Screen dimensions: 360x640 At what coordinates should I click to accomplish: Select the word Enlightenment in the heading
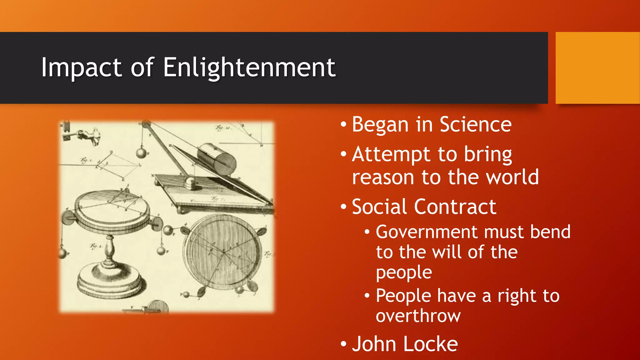249,67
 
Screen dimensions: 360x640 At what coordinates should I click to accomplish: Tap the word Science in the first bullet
475,125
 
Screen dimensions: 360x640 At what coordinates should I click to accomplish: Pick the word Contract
455,207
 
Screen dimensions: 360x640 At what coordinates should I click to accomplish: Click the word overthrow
418,316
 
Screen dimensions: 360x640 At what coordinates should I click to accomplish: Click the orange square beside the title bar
597,67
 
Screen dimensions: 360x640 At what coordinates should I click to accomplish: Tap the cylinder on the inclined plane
216,159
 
